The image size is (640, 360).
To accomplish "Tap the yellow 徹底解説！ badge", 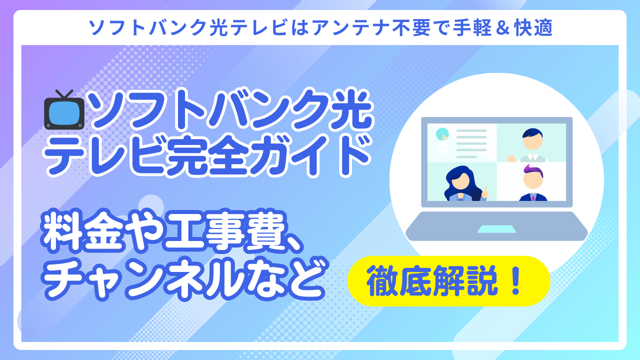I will click(x=448, y=281).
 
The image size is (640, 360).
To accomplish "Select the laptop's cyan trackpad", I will click(x=496, y=228).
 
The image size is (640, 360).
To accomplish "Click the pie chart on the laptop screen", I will click(x=442, y=134).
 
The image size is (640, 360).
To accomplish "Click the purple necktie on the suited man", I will click(x=532, y=197).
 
